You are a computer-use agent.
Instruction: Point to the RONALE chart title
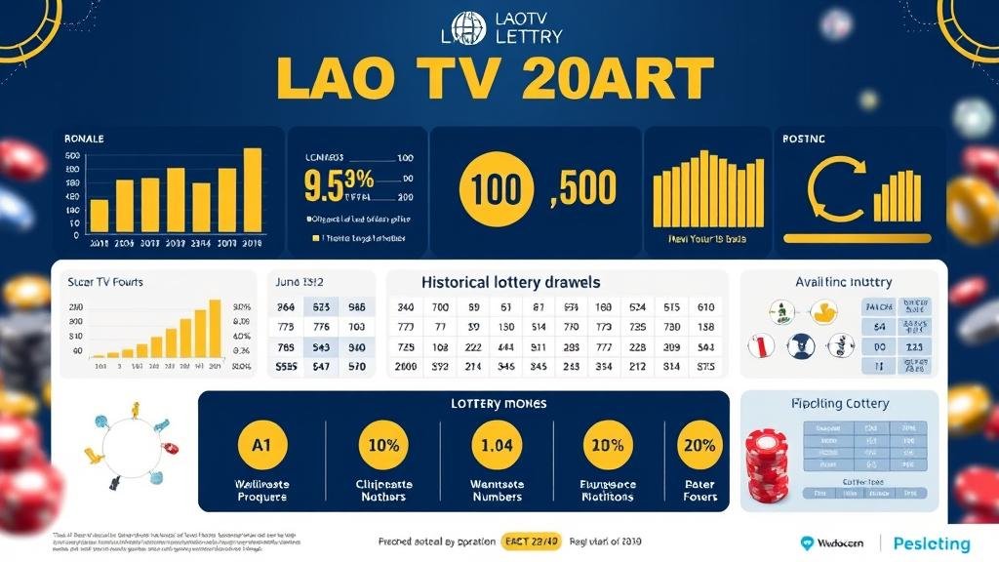pyautogui.click(x=84, y=140)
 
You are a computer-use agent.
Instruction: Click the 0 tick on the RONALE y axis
pyautogui.click(x=76, y=235)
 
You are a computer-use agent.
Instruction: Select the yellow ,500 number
pyautogui.click(x=583, y=188)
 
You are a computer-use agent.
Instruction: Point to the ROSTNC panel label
pyautogui.click(x=804, y=140)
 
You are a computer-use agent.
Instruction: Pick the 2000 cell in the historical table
pyautogui.click(x=407, y=367)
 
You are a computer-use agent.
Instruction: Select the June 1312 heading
pyautogui.click(x=301, y=282)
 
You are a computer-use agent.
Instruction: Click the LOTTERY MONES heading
pyautogui.click(x=499, y=403)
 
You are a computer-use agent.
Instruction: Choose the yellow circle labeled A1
pyautogui.click(x=261, y=445)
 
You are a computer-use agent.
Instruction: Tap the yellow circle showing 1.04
pyautogui.click(x=497, y=445)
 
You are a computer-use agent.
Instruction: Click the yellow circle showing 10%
pyautogui.click(x=382, y=445)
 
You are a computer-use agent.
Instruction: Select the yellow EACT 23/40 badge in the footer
pyautogui.click(x=532, y=542)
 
